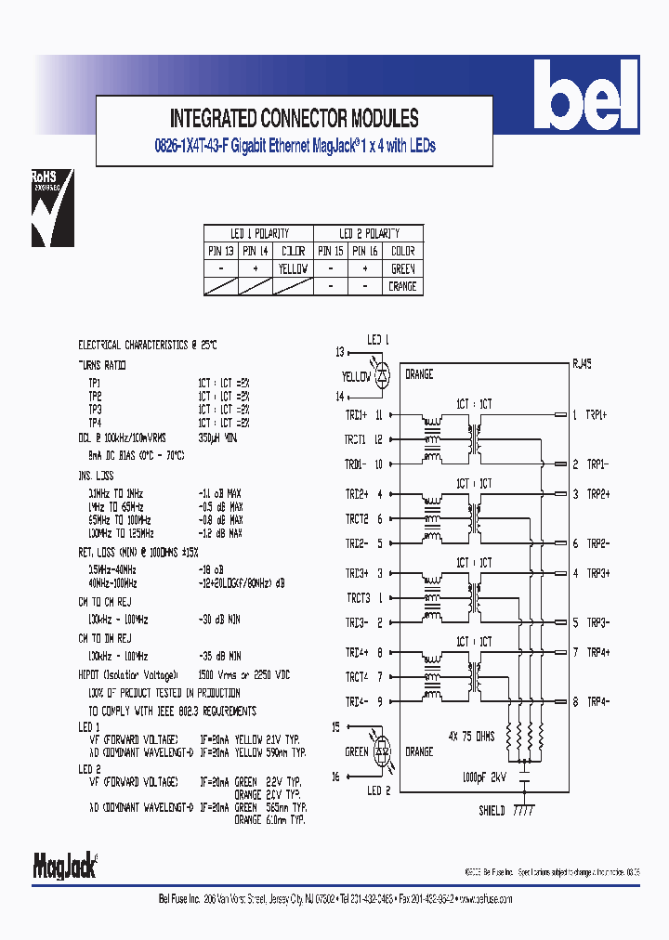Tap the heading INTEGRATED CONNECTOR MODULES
[x=294, y=118]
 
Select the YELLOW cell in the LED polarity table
[x=293, y=268]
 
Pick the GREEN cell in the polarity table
[x=401, y=268]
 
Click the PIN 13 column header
[x=220, y=251]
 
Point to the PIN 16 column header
[x=366, y=251]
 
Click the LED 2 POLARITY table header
[x=368, y=233]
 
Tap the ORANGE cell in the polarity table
[x=401, y=286]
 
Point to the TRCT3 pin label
[x=358, y=598]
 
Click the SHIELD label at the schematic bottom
[x=492, y=811]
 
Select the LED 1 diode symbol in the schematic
[x=383, y=375]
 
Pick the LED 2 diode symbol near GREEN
[x=382, y=751]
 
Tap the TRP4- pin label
[x=597, y=701]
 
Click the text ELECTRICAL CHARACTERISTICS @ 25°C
[x=148, y=345]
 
